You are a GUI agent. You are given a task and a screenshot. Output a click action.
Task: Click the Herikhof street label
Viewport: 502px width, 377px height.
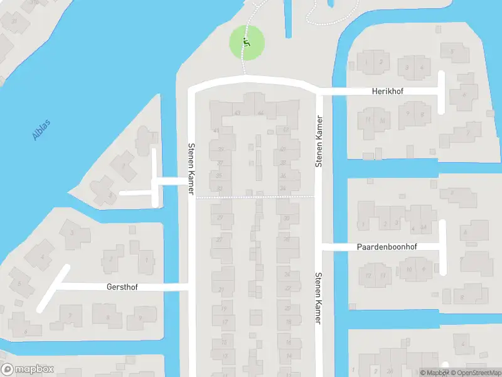pyautogui.click(x=387, y=91)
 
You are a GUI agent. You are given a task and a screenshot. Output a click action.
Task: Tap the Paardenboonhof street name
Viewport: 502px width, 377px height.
pyautogui.click(x=387, y=247)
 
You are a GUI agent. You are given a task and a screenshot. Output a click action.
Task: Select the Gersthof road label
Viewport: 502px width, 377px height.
pyautogui.click(x=122, y=287)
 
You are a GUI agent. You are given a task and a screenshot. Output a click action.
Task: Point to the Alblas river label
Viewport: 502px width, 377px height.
pyautogui.click(x=40, y=129)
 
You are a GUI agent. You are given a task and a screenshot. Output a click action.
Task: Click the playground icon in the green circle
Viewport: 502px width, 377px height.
pyautogui.click(x=246, y=43)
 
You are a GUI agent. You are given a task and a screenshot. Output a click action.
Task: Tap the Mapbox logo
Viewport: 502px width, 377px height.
pyautogui.click(x=26, y=369)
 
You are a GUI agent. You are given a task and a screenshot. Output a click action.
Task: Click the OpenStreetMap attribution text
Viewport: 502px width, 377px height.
pyautogui.click(x=474, y=373)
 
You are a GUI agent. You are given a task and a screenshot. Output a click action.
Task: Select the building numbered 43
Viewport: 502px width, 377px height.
pyautogui.click(x=237, y=112)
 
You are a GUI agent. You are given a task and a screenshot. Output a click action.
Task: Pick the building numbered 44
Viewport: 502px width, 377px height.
pyautogui.click(x=260, y=112)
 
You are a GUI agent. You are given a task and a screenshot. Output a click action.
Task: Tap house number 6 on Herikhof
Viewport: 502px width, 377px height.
pyautogui.click(x=464, y=95)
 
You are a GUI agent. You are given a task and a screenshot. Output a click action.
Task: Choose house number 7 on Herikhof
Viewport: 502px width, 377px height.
pyautogui.click(x=468, y=133)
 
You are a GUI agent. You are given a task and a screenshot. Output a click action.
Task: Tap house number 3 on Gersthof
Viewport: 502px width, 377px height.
pyautogui.click(x=72, y=232)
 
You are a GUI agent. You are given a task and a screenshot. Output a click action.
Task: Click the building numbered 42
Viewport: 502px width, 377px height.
pyautogui.click(x=286, y=130)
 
